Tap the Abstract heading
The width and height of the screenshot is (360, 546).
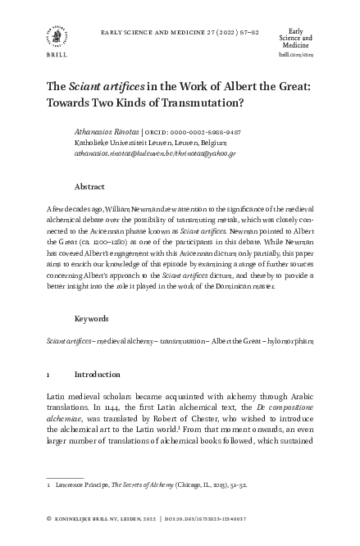(x=89, y=186)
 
